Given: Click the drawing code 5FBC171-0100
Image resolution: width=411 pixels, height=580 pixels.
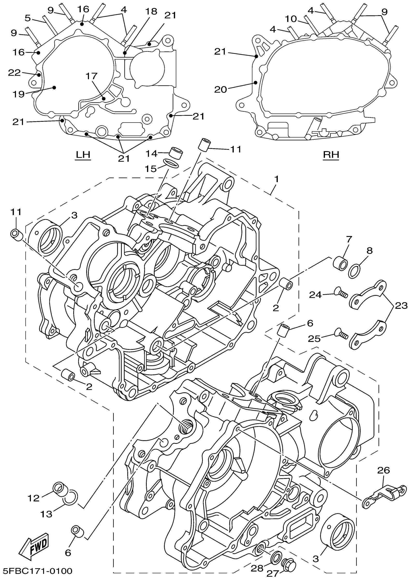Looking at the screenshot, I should pyautogui.click(x=37, y=571).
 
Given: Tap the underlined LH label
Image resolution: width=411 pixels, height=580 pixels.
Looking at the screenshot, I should pyautogui.click(x=83, y=155).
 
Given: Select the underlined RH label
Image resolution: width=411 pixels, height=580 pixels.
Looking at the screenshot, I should pyautogui.click(x=331, y=155).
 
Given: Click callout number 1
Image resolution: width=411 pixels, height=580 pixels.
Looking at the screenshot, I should pyautogui.click(x=276, y=179).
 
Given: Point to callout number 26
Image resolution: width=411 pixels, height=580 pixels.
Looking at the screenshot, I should pyautogui.click(x=383, y=470).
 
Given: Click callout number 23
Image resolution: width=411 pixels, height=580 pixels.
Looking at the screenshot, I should pyautogui.click(x=401, y=306).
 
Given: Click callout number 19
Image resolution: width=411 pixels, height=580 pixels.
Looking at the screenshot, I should pyautogui.click(x=19, y=94).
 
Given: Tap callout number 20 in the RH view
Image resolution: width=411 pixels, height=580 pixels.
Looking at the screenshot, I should pyautogui.click(x=220, y=90).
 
